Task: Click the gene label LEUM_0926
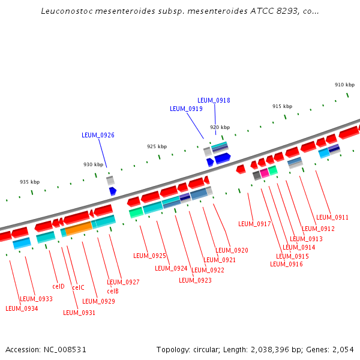[98, 136]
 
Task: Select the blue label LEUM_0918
[214, 100]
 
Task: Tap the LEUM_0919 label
[186, 109]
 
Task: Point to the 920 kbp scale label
[220, 127]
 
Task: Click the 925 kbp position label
[157, 146]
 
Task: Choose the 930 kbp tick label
[93, 164]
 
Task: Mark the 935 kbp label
[30, 182]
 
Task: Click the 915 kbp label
[282, 106]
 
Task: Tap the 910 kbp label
[344, 85]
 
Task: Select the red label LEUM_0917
[254, 224]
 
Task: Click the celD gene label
[58, 286]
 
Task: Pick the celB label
[113, 291]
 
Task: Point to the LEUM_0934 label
[22, 308]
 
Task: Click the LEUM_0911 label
[332, 217]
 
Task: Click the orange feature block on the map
[79, 228]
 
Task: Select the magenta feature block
[265, 173]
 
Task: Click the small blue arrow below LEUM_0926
[113, 191]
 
